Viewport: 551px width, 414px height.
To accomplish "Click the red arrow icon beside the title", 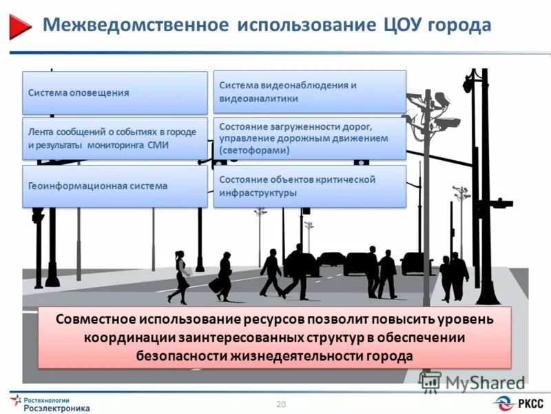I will point(21,26).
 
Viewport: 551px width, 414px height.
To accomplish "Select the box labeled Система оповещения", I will point(115,92).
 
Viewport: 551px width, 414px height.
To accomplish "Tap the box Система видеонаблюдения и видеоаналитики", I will point(309,92).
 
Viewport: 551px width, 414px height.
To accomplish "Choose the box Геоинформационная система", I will point(115,186).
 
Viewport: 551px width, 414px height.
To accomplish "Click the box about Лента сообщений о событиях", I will point(115,139).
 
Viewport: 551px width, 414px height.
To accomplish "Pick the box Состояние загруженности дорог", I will point(309,138).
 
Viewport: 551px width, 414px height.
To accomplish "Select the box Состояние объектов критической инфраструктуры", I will point(309,186).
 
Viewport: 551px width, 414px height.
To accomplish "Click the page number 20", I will point(280,404).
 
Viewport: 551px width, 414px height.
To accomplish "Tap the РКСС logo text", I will point(530,403).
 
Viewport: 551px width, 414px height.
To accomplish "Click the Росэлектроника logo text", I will point(57,408).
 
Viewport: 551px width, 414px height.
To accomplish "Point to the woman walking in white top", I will point(180,276).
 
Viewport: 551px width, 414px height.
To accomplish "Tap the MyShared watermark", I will point(475,382).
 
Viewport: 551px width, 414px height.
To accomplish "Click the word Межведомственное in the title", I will point(135,26).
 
